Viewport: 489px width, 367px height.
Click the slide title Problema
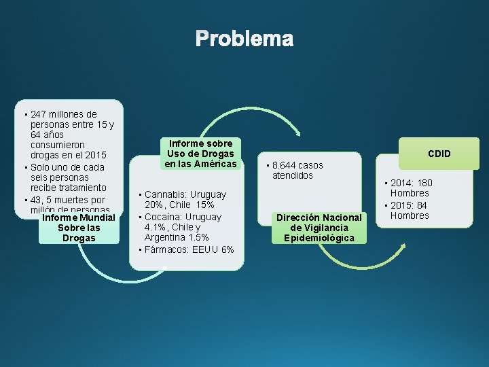pyautogui.click(x=244, y=39)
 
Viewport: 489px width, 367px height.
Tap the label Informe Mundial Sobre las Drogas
pyautogui.click(x=79, y=228)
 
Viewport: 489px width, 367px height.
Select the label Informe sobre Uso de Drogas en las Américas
pyautogui.click(x=200, y=154)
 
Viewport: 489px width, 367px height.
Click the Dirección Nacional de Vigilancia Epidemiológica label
pyautogui.click(x=319, y=228)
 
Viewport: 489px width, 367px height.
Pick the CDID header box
pyautogui.click(x=439, y=154)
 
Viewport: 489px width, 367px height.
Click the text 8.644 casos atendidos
pyautogui.click(x=297, y=170)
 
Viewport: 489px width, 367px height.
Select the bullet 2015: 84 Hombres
pyautogui.click(x=410, y=210)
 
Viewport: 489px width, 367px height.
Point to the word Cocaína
pyautogui.click(x=163, y=217)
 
